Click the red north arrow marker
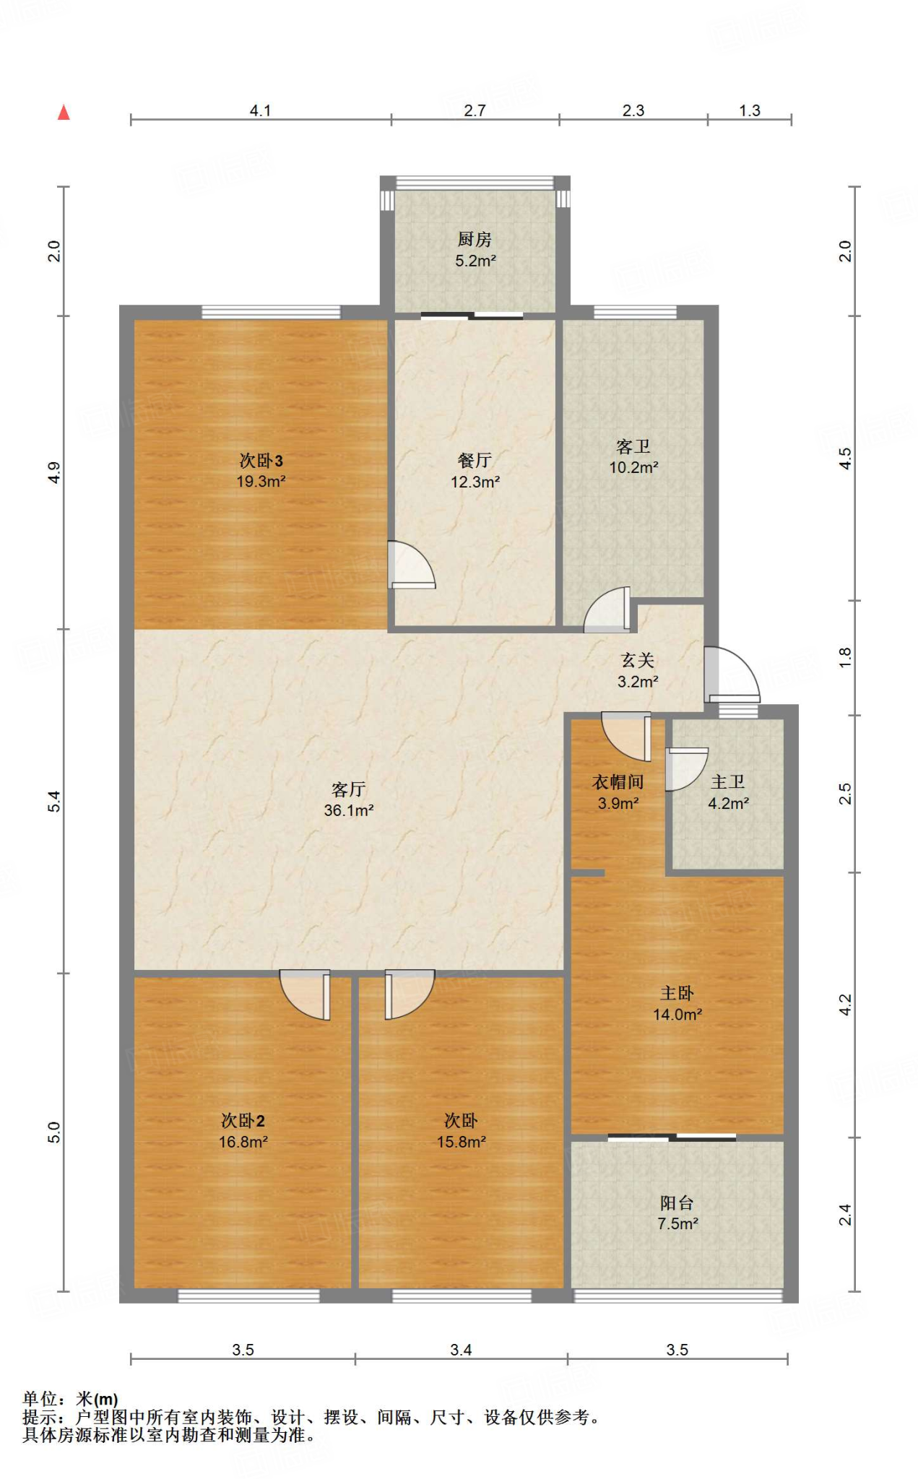coord(64,112)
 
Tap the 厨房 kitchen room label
coord(475,238)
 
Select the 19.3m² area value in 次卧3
coord(261,481)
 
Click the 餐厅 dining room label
coord(475,460)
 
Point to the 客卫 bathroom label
coord(633,446)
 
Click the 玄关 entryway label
coord(638,660)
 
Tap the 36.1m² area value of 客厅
coord(349,810)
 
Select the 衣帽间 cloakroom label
coord(618,781)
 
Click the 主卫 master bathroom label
coord(728,781)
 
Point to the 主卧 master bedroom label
coord(677,993)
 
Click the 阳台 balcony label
coord(677,1202)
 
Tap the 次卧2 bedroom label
coord(243,1120)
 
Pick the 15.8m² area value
coord(461,1142)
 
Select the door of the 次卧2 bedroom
coord(306,995)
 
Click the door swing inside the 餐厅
coord(412,565)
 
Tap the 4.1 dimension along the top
coord(260,110)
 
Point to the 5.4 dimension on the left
coord(54,802)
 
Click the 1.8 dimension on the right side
coord(845,657)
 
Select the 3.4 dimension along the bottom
coord(461,1350)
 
